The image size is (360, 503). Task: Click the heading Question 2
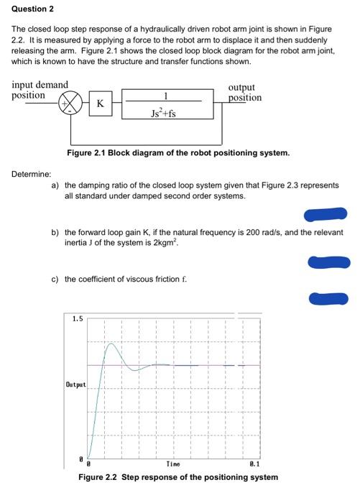point(32,9)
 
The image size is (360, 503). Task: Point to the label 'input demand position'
point(40,90)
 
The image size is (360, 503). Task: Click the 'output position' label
point(245,92)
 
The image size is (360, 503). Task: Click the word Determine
point(31,174)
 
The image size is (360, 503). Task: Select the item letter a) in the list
point(55,185)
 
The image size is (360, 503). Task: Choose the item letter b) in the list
point(55,233)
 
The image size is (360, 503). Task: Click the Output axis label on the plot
point(77,385)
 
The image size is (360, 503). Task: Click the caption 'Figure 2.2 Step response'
point(178,477)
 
